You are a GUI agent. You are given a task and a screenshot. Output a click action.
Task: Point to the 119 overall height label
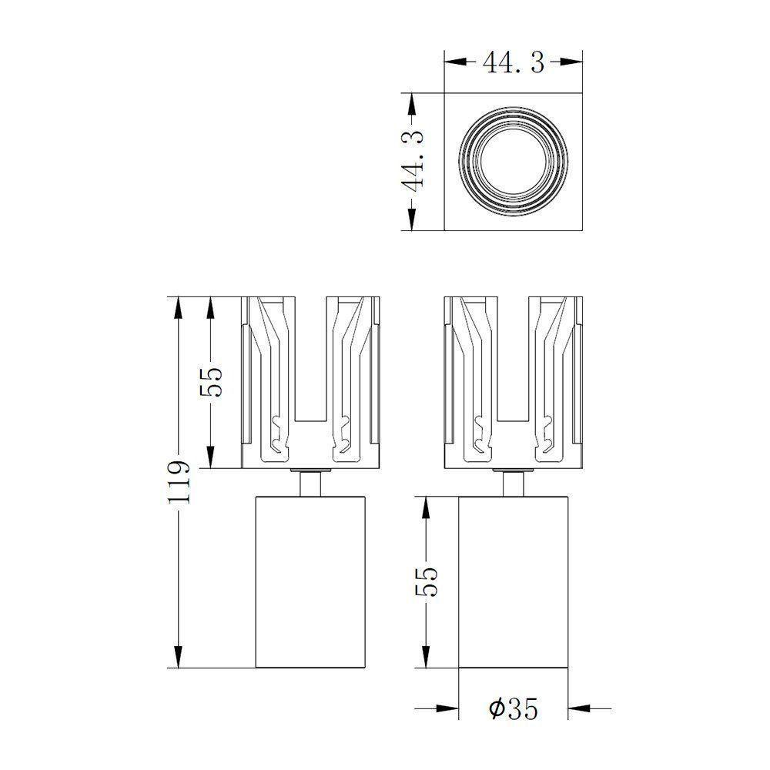pos(178,482)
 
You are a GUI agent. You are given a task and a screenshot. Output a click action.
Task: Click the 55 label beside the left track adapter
pos(211,382)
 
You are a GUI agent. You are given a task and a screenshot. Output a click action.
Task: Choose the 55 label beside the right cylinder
pos(426,582)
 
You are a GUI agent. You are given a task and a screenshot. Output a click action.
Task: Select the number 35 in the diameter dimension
pos(522,708)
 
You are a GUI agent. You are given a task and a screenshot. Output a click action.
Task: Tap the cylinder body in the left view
pos(310,582)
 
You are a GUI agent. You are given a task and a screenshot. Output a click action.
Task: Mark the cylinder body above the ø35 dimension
pos(514,582)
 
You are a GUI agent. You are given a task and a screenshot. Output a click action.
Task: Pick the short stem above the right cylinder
pos(514,484)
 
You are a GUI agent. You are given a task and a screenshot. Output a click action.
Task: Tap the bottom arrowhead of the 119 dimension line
pos(178,658)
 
